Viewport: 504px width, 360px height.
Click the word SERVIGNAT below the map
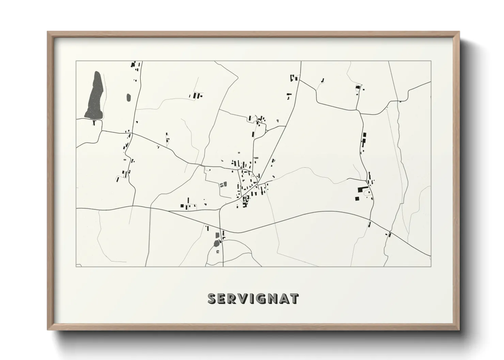coord(253,299)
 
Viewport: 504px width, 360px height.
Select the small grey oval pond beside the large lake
coord(128,98)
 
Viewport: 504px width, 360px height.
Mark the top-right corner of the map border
coord(431,61)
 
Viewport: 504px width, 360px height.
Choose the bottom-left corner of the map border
coord(76,267)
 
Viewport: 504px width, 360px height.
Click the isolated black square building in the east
coord(357,198)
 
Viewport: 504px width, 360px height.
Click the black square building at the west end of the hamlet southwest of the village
coord(182,205)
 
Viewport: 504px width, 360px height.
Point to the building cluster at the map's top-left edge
coord(135,65)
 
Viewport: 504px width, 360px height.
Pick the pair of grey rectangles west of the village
coord(222,185)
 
